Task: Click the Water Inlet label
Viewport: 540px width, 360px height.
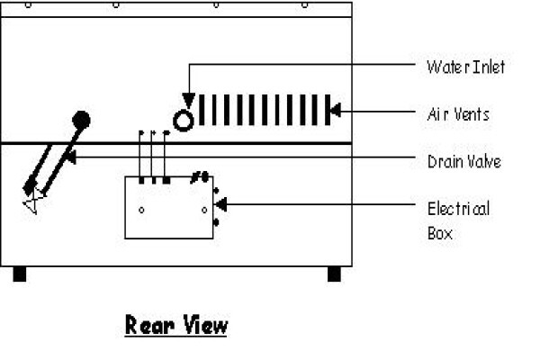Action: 466,67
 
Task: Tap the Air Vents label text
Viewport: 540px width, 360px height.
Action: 458,114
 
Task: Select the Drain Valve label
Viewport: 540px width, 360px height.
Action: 464,162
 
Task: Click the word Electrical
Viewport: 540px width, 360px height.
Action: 459,209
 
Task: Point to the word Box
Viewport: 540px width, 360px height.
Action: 440,233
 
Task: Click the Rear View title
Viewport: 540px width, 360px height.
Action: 176,325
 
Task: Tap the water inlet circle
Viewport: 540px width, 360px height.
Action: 184,121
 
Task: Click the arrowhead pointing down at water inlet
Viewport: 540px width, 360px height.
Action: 189,100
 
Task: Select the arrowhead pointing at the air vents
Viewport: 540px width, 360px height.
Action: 335,111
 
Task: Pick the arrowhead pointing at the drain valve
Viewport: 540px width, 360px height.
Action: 69,157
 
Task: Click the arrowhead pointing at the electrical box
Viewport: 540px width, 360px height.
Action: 220,204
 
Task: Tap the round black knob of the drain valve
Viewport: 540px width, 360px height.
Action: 81,121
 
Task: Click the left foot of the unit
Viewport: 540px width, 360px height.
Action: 20,274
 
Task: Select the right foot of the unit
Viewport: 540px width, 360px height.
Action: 334,274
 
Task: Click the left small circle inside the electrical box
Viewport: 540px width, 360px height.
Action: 141,210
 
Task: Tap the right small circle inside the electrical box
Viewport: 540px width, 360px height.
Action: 204,210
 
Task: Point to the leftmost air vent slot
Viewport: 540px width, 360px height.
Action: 202,110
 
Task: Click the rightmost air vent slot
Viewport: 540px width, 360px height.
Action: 328,110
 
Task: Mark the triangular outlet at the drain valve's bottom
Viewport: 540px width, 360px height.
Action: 32,204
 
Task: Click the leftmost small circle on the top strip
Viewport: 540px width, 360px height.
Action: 29,4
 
